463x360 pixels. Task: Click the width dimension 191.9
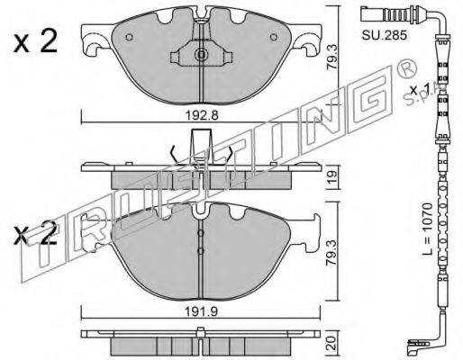201,312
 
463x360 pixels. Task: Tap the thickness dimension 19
332,178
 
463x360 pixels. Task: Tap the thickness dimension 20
331,343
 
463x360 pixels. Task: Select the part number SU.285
384,35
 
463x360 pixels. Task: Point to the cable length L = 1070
428,229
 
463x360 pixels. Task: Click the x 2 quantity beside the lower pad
35,233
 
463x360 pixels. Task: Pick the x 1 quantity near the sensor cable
421,89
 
